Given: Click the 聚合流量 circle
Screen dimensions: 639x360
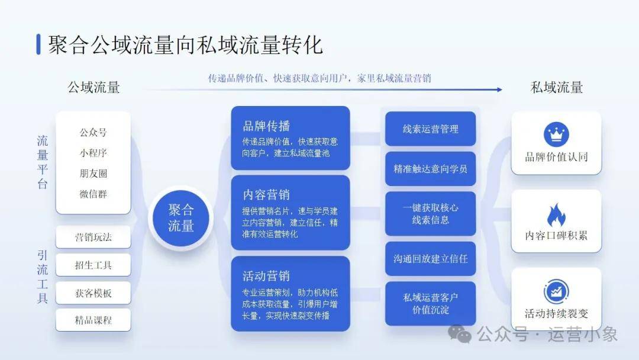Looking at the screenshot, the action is (x=181, y=218).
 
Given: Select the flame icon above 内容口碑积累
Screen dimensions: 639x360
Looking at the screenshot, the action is (x=556, y=215).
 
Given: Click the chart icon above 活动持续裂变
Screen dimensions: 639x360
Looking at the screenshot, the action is (x=556, y=291).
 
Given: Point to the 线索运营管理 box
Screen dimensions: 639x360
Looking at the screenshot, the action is (x=430, y=129).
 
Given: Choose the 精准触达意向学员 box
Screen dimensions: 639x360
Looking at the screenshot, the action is (x=430, y=169).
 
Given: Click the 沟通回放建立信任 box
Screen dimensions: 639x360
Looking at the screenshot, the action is (x=430, y=259).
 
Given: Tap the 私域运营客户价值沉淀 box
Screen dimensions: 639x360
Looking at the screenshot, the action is (x=430, y=303).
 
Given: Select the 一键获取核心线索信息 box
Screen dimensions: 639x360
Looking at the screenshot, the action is (x=430, y=214).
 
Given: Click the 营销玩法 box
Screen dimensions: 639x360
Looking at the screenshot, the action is (x=93, y=237).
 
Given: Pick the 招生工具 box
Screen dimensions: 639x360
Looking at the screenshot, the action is (x=93, y=265).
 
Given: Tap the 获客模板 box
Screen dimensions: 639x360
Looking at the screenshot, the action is (x=93, y=292).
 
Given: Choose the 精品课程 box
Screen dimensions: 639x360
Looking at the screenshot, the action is (x=93, y=320).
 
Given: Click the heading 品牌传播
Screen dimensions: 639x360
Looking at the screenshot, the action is (x=266, y=126).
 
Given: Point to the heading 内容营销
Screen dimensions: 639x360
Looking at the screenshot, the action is (x=266, y=195).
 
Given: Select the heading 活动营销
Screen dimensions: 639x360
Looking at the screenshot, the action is (x=266, y=276).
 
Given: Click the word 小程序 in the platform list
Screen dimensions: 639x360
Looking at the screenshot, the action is (x=93, y=153).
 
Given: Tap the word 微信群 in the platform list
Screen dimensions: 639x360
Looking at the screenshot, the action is (x=93, y=194).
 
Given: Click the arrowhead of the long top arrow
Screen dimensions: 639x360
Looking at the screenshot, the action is (x=499, y=89).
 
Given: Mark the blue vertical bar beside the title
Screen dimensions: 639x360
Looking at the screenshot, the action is (x=38, y=44).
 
